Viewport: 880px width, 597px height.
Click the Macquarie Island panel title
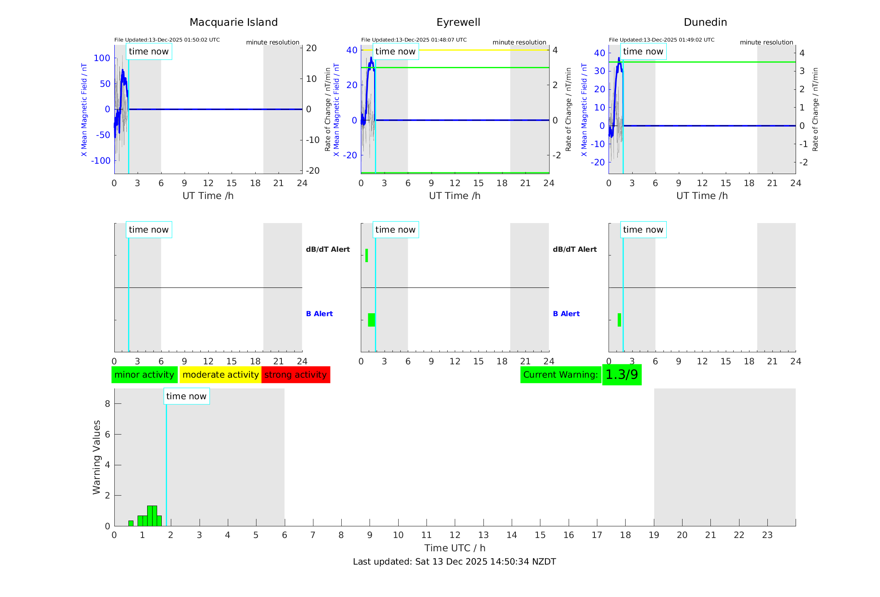(233, 22)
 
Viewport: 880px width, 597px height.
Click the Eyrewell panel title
(458, 22)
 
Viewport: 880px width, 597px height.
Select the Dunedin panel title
(705, 22)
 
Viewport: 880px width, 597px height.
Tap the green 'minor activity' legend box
(144, 375)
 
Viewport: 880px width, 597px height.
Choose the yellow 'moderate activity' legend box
(220, 375)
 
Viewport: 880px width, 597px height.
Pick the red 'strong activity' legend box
(296, 375)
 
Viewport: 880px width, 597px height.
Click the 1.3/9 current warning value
(621, 375)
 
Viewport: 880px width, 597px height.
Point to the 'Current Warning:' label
(560, 375)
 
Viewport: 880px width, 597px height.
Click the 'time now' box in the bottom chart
(186, 396)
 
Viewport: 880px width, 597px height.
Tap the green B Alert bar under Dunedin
(619, 320)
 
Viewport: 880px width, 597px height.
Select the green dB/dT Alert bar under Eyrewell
(367, 256)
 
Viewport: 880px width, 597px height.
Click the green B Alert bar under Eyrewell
(371, 320)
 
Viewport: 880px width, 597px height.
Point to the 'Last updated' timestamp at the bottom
(454, 562)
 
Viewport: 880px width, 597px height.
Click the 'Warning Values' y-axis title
(97, 457)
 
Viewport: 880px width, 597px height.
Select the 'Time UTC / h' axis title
(454, 548)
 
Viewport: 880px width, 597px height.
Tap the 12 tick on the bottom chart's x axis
(455, 535)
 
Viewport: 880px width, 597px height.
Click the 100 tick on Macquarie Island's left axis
(102, 58)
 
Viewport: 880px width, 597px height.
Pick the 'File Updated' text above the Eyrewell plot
(414, 40)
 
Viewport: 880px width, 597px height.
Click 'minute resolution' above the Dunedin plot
(766, 42)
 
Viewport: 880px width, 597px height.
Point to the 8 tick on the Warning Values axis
(107, 404)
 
